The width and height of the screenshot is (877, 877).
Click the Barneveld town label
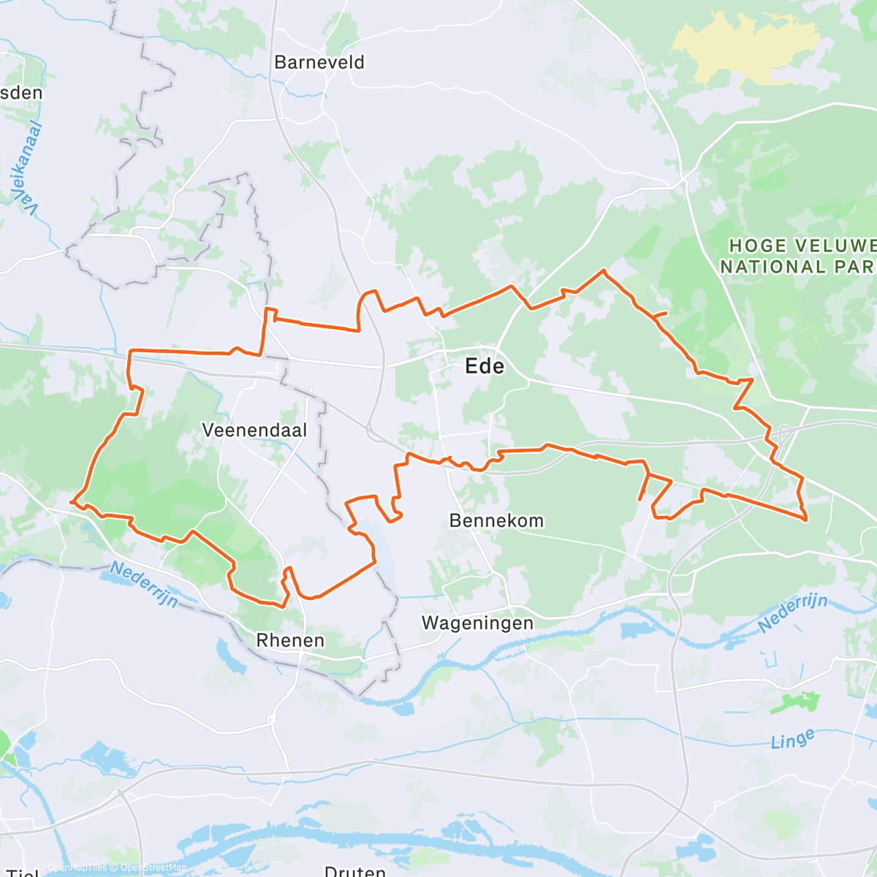(x=319, y=63)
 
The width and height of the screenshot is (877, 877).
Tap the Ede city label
(x=485, y=366)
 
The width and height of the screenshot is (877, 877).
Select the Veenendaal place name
(x=254, y=430)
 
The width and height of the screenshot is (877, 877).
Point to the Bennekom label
(x=496, y=521)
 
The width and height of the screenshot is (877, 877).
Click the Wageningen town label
(x=477, y=623)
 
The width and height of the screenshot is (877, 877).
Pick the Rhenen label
(x=290, y=641)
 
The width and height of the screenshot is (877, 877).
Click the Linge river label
(x=792, y=740)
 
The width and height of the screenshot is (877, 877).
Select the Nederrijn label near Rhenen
(x=144, y=584)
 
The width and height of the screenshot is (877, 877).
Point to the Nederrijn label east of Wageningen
(x=792, y=612)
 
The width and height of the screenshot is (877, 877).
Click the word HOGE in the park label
(x=758, y=246)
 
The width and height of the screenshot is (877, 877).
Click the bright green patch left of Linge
(x=794, y=702)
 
